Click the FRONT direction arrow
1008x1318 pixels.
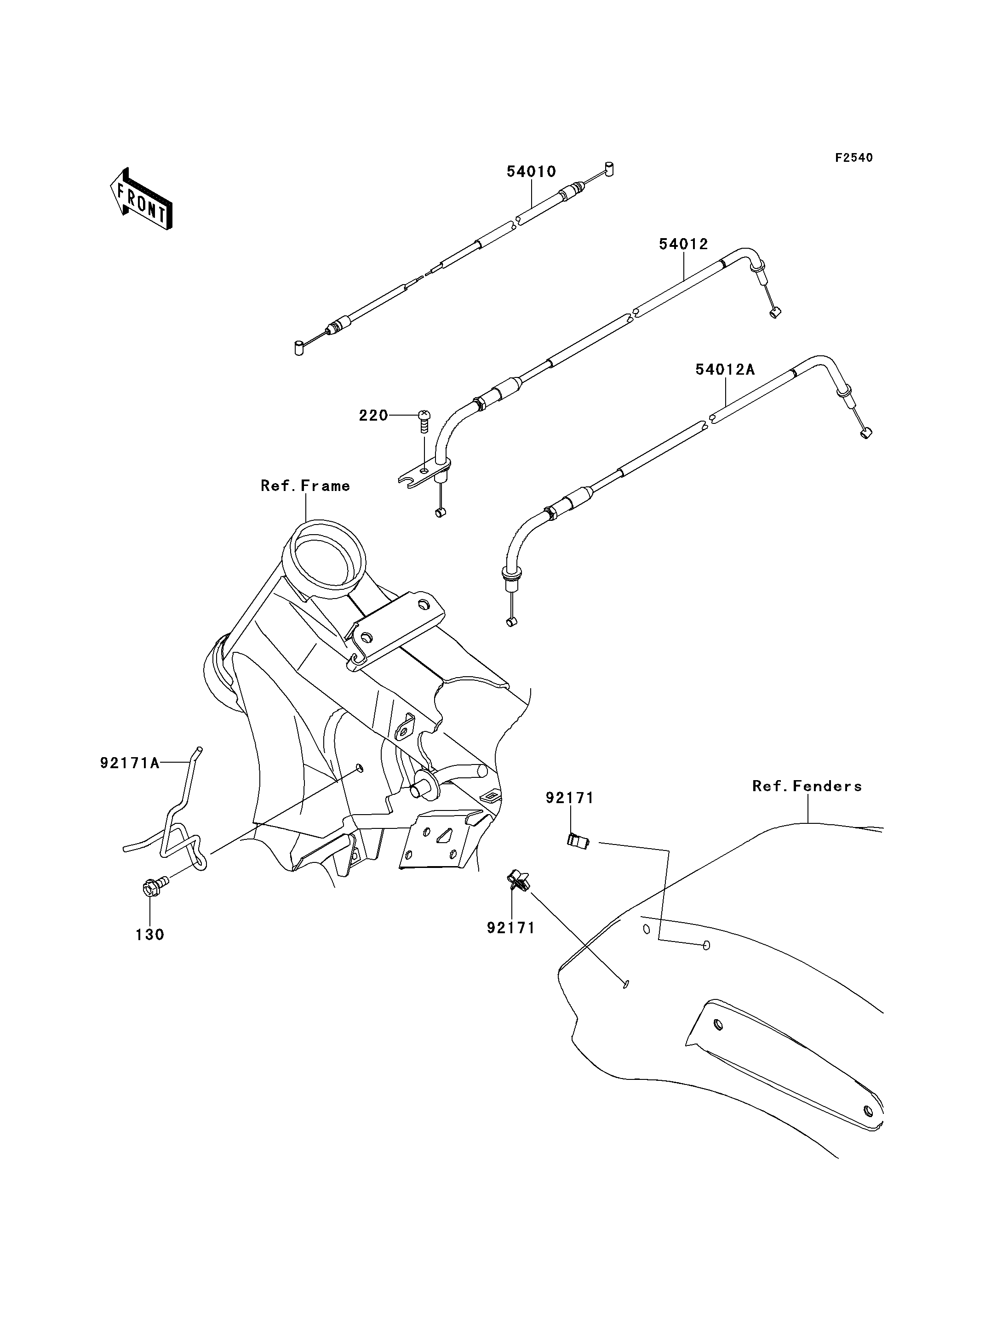(x=142, y=200)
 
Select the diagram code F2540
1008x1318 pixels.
(x=854, y=158)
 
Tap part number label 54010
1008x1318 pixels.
(x=531, y=171)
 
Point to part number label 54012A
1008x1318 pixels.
(x=725, y=370)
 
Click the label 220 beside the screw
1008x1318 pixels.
(x=373, y=415)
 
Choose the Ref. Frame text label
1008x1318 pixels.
(x=305, y=485)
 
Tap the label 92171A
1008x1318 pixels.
(x=130, y=763)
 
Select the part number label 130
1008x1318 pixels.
(x=149, y=934)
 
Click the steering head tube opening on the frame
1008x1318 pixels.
(x=326, y=555)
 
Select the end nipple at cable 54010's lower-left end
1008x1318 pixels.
(x=298, y=348)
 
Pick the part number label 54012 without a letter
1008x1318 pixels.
(x=683, y=244)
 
